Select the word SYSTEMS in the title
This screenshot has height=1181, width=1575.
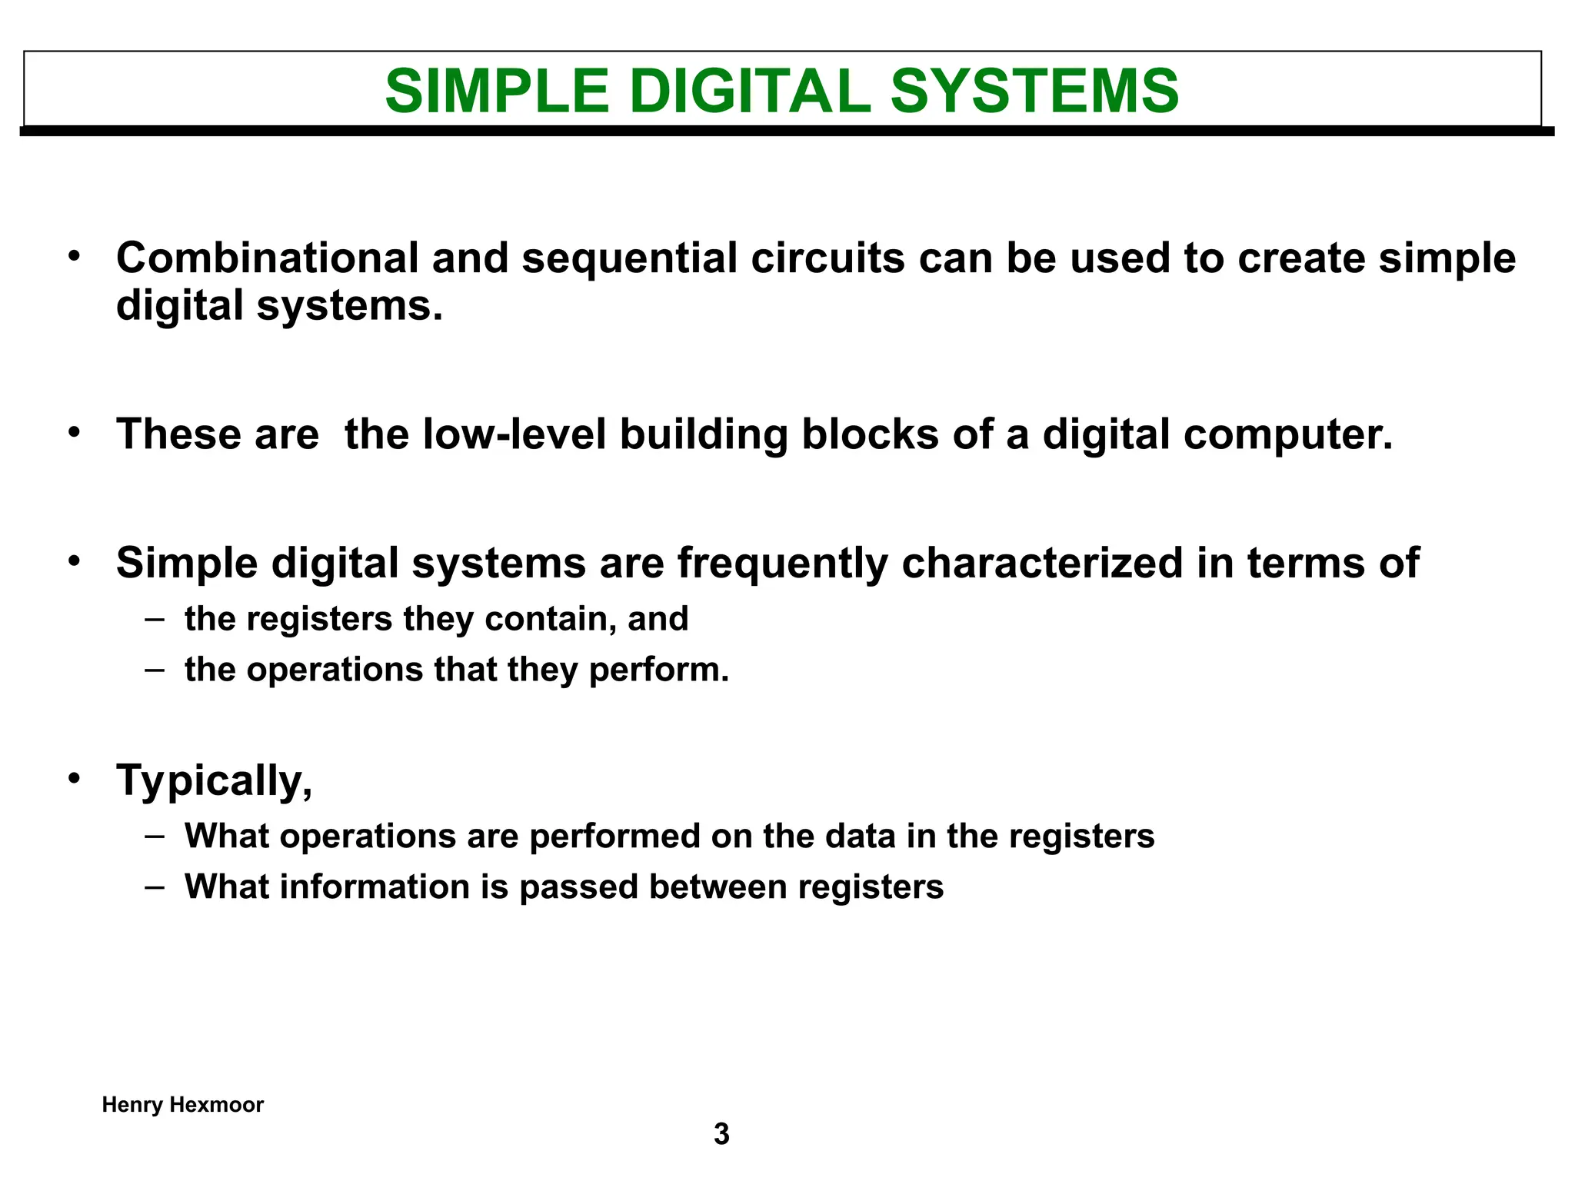tap(1034, 91)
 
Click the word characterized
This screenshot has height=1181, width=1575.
tap(1042, 564)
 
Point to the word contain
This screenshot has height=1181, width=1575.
tap(548, 620)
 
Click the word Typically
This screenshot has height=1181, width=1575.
tap(214, 782)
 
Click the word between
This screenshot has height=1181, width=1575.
tap(717, 887)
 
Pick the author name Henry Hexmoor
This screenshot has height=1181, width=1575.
tap(183, 1105)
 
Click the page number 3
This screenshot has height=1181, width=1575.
tap(721, 1135)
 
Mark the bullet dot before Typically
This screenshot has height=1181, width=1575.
tap(74, 779)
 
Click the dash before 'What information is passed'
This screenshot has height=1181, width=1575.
tap(155, 886)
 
